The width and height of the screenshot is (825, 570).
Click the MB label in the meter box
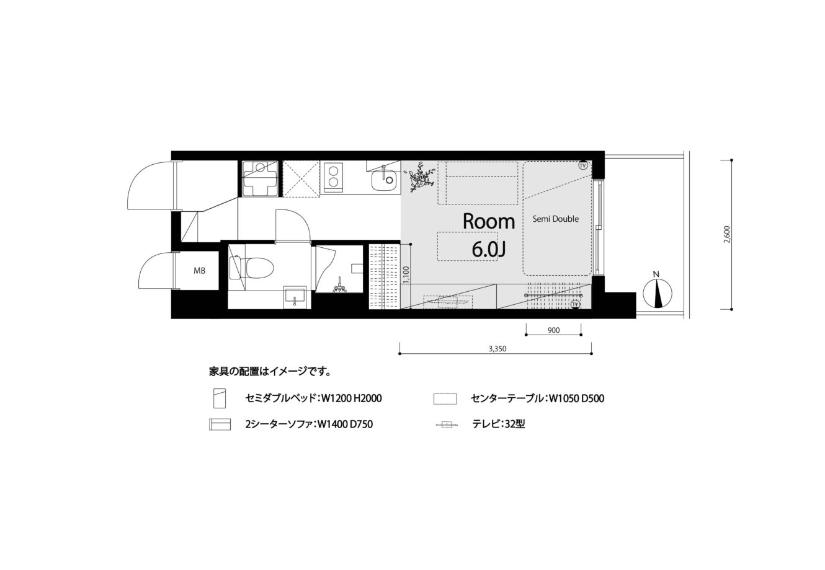(x=199, y=271)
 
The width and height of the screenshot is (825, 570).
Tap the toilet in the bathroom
(x=252, y=267)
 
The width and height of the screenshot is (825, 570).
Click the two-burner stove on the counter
(x=333, y=177)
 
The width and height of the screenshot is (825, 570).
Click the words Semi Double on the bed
(x=555, y=219)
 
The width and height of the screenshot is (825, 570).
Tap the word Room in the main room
(x=488, y=222)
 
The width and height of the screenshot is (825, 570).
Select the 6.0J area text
(x=488, y=250)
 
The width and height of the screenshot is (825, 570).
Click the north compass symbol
(x=657, y=292)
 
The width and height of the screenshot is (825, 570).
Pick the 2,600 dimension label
(x=726, y=234)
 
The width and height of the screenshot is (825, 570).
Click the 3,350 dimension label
(x=497, y=349)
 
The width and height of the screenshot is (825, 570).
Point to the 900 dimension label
(x=553, y=330)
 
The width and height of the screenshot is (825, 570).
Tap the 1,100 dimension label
(x=406, y=274)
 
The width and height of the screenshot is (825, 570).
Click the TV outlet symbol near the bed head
(x=582, y=165)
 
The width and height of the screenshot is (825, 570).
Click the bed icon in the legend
(x=220, y=398)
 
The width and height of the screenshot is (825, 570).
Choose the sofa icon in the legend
(x=220, y=424)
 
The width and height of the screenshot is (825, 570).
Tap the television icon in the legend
(x=447, y=424)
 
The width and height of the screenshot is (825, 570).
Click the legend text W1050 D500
(x=576, y=398)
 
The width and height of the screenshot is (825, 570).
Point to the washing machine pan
(x=260, y=178)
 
